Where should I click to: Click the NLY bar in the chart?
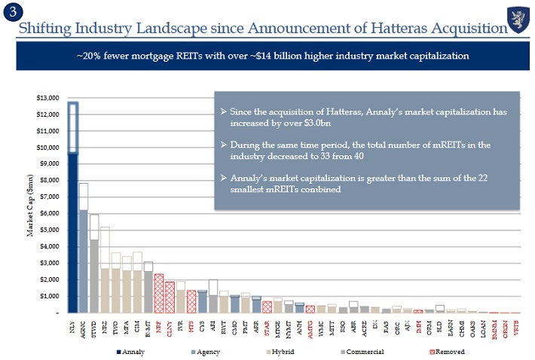[x=73, y=226]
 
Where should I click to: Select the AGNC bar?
[x=84, y=256]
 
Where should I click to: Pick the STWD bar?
[x=94, y=271]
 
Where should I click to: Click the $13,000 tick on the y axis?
[x=47, y=98]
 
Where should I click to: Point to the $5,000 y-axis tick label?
[x=49, y=230]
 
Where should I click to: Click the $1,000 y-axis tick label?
[x=49, y=296]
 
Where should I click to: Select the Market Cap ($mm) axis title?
[x=31, y=206]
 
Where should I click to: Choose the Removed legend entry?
[x=449, y=351]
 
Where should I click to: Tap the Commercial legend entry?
[x=365, y=351]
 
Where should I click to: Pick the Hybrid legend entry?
[x=283, y=351]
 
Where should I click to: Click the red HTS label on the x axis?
[x=191, y=327]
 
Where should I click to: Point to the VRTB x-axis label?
[x=515, y=328]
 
